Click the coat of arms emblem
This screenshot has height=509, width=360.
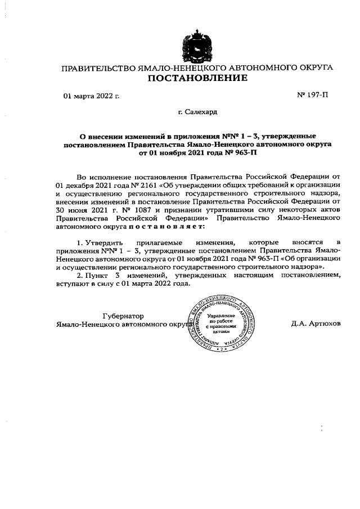[x=196, y=47]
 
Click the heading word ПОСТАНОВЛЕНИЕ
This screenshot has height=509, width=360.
[x=197, y=78]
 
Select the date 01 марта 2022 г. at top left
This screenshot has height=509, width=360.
[x=92, y=96]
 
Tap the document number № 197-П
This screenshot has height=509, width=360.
[x=312, y=96]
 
